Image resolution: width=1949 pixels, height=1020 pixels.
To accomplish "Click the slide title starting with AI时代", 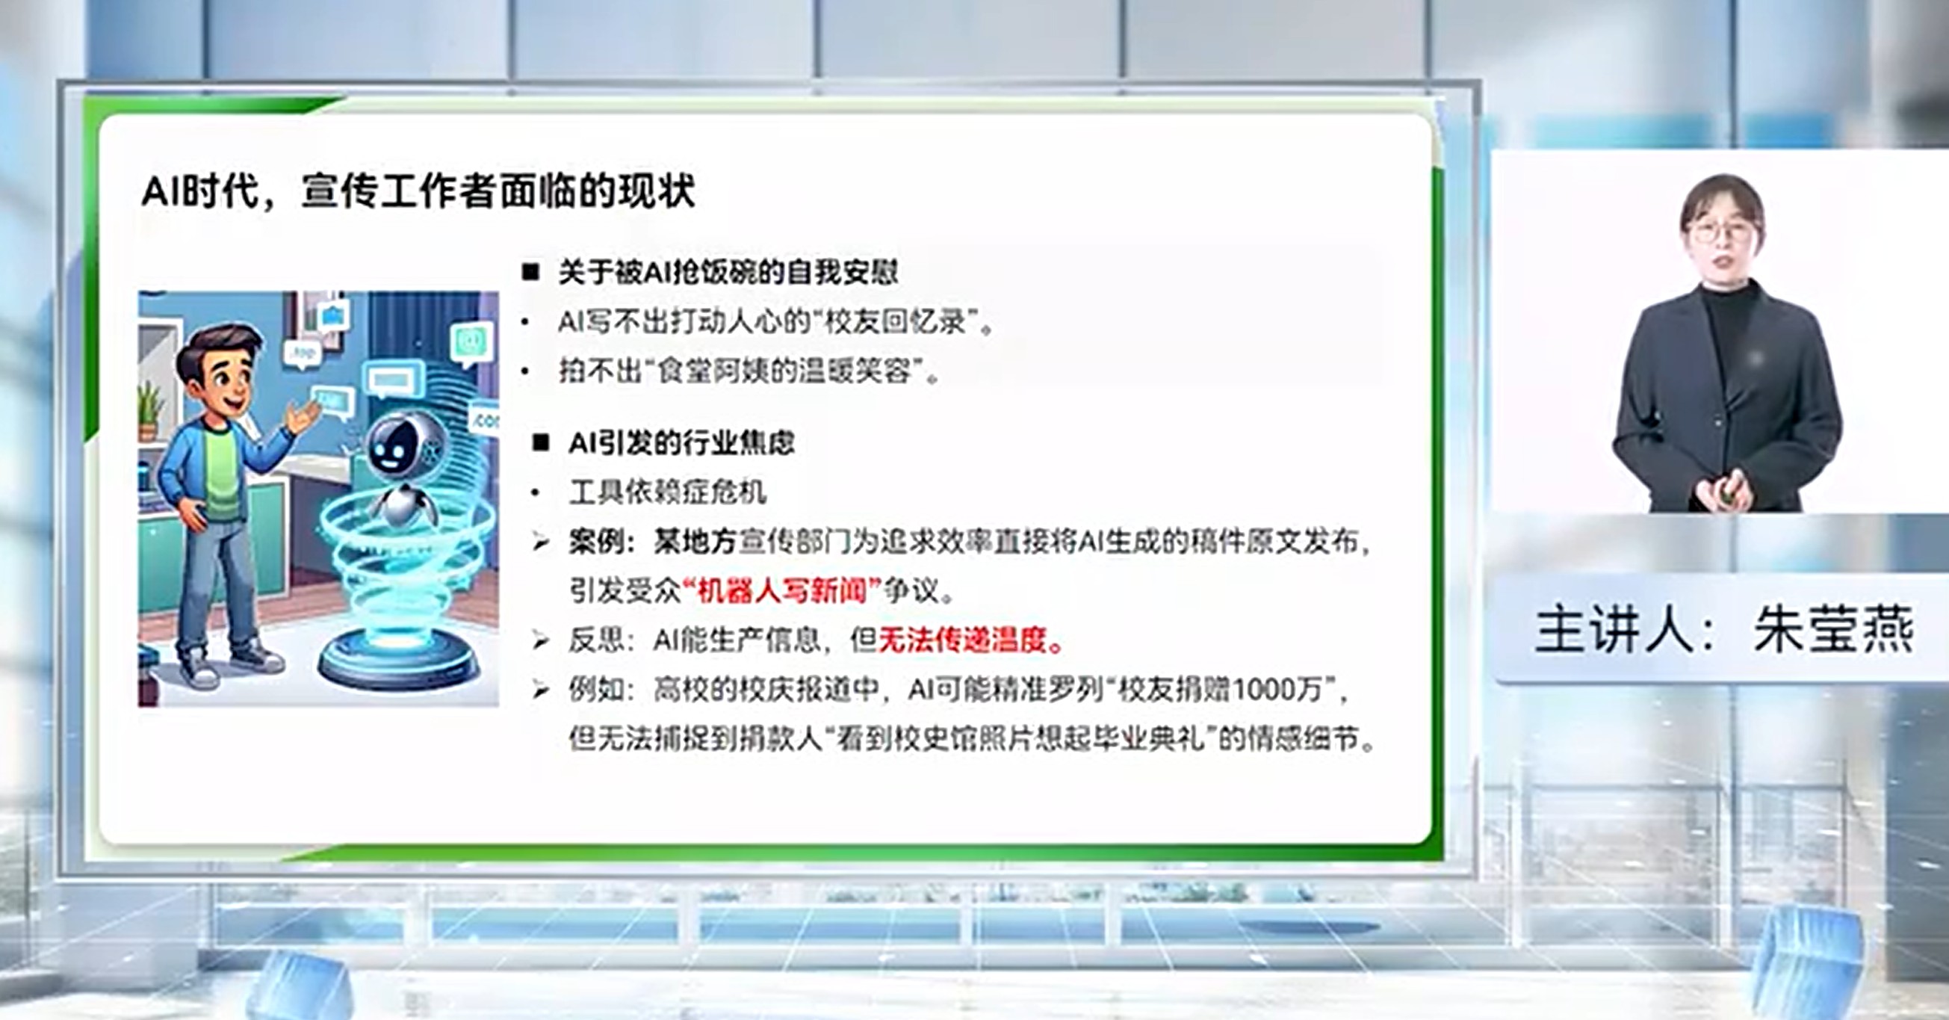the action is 418,191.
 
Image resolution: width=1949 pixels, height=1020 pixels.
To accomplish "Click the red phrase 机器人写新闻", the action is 781,590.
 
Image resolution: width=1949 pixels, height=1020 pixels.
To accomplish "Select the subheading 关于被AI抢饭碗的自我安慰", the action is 728,273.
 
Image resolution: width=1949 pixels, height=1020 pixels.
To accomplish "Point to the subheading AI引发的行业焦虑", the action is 682,442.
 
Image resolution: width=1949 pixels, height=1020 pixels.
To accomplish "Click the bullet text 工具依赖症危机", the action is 668,492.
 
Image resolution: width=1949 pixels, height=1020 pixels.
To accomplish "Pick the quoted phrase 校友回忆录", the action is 895,322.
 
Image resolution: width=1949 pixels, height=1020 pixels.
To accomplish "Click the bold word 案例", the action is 597,542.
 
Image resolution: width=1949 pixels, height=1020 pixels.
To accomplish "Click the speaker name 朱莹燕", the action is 1833,628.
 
